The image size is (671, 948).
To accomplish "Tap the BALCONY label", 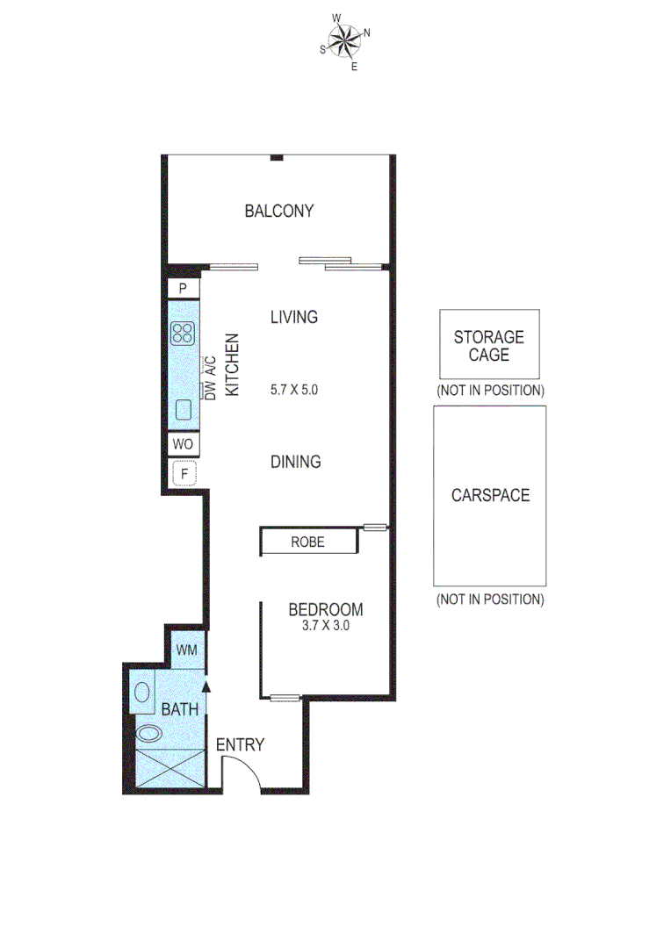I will [x=279, y=211].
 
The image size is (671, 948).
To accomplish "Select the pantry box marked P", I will [x=184, y=288].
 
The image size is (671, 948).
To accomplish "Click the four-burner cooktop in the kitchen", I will [x=184, y=333].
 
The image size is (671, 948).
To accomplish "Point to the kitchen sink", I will [x=184, y=409].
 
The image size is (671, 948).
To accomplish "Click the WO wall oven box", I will [x=184, y=444].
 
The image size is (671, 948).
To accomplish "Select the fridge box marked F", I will [x=184, y=474].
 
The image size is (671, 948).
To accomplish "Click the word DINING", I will [x=295, y=462].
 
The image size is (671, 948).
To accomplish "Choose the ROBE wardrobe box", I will [x=307, y=542].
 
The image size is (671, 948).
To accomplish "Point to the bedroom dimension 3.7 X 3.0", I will [x=325, y=628].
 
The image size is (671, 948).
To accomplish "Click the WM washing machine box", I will [x=186, y=650].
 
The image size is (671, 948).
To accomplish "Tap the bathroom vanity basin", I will [x=141, y=691].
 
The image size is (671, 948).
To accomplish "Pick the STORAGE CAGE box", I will [x=488, y=345].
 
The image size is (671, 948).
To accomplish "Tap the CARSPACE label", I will [x=490, y=495].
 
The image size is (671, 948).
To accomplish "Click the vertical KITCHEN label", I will [x=233, y=365].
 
